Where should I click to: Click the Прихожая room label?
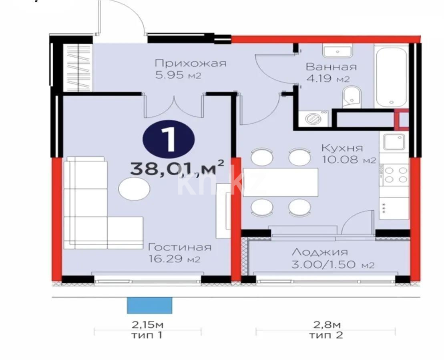(190, 63)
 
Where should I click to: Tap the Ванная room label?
(331, 67)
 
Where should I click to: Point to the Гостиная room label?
(179, 247)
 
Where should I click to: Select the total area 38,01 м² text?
(177, 168)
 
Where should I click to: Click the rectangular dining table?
(281, 182)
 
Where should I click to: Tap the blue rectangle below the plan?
(149, 305)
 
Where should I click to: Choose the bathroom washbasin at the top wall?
(338, 51)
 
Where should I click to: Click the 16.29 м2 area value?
(174, 260)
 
